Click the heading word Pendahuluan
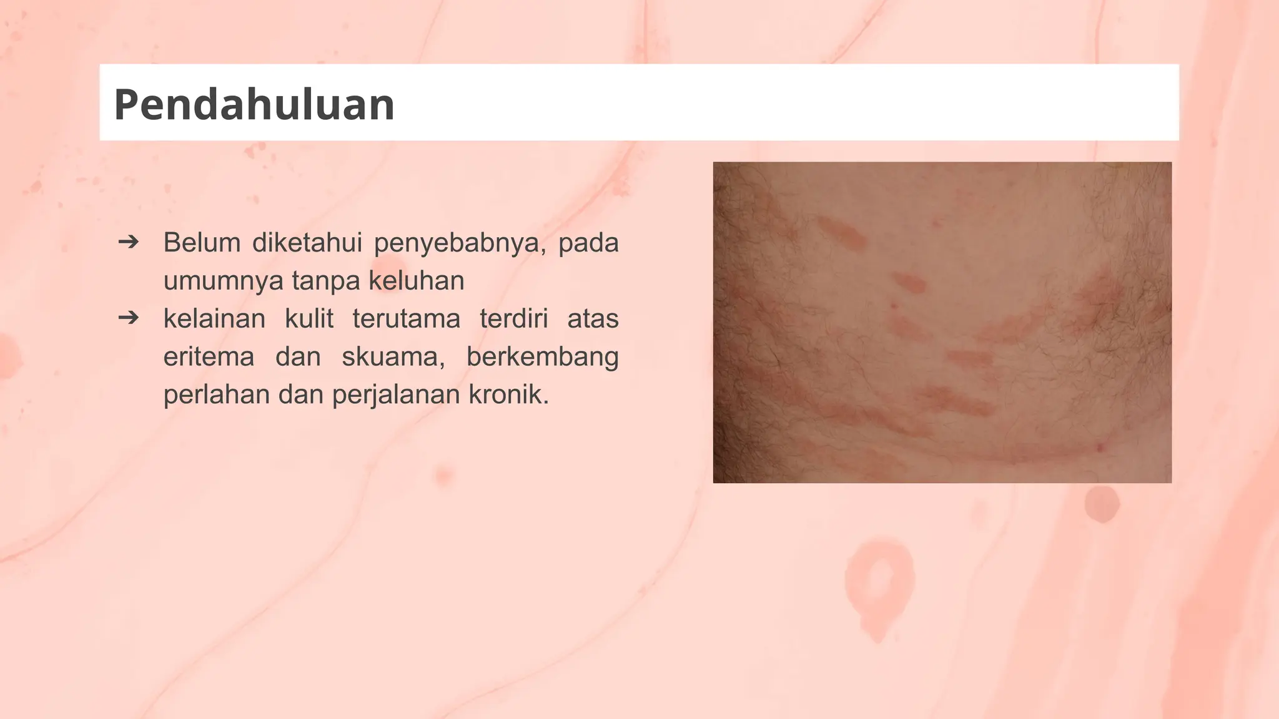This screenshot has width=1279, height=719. (x=254, y=104)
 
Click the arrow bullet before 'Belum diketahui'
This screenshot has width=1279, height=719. (x=129, y=242)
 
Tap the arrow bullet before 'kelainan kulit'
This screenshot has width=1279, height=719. (x=129, y=318)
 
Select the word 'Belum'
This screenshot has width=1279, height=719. (x=202, y=242)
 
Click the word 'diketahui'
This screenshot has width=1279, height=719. (x=307, y=242)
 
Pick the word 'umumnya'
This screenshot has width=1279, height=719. (x=223, y=281)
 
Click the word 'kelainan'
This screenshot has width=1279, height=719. (x=214, y=318)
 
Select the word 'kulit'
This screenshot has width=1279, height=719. (x=309, y=318)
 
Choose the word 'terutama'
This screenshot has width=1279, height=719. (x=407, y=318)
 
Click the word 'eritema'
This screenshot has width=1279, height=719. (x=209, y=357)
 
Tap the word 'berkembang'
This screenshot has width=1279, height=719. (x=542, y=358)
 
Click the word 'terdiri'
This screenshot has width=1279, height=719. (x=513, y=318)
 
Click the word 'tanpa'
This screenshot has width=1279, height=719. (x=326, y=281)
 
